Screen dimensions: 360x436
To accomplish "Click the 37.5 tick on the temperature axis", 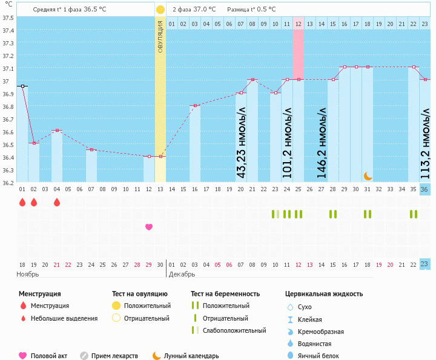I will click(8, 18).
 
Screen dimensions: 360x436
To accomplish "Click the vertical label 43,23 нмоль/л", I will click(242, 141).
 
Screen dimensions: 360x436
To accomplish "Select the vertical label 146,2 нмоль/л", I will click(322, 141).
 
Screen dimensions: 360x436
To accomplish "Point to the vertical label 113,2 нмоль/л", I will click(426, 141).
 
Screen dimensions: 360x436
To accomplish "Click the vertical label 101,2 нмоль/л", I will click(288, 141).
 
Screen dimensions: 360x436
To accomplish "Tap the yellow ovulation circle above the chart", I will click(160, 10).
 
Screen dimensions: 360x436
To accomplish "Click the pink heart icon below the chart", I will click(149, 227).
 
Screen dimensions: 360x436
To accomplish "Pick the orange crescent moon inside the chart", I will click(368, 175).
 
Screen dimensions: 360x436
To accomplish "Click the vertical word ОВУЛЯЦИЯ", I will click(160, 36).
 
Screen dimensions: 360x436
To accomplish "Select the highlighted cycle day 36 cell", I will click(425, 189).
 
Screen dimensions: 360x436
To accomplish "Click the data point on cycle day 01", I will click(22, 87).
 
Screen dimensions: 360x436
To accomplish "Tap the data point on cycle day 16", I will click(195, 105).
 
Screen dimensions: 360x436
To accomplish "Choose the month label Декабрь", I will click(182, 274).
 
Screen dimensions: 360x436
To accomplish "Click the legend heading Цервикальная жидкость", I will click(324, 293).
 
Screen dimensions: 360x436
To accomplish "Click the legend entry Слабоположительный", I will click(234, 330).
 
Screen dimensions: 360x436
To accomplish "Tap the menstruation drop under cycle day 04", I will click(57, 202).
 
